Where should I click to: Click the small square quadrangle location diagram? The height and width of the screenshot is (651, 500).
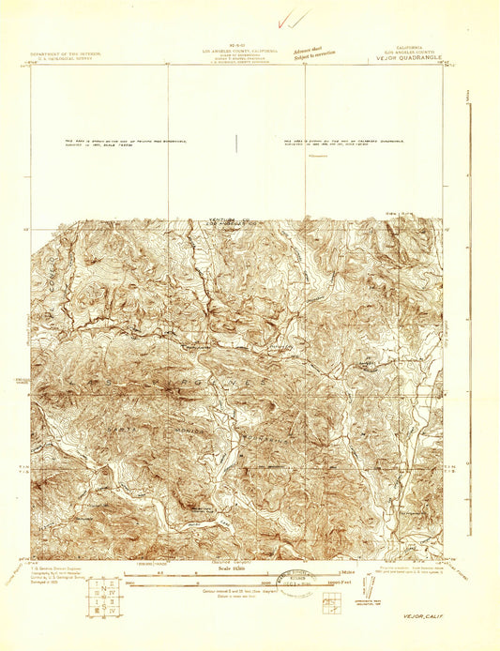coord(331,603)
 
